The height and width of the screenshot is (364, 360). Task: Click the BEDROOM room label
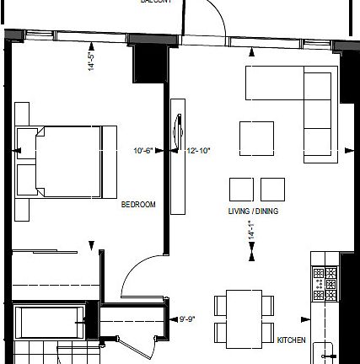click(138, 204)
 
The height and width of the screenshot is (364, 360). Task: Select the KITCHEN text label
click(292, 340)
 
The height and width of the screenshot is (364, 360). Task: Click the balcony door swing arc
click(211, 17)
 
